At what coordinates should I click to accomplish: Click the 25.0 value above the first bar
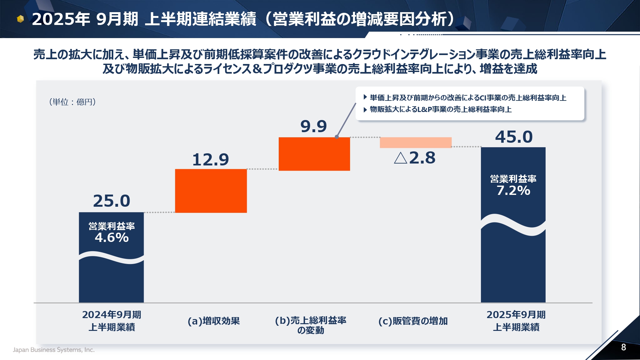pyautogui.click(x=111, y=201)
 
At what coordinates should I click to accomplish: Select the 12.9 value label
pyautogui.click(x=211, y=160)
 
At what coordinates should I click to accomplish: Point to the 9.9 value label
pyautogui.click(x=314, y=126)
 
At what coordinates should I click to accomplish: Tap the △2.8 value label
pyautogui.click(x=415, y=158)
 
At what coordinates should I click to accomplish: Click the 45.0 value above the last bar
pyautogui.click(x=514, y=137)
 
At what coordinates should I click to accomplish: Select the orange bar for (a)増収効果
pyautogui.click(x=211, y=191)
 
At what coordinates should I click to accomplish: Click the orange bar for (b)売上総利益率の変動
pyautogui.click(x=314, y=154)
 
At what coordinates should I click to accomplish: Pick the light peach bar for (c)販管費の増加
pyautogui.click(x=415, y=142)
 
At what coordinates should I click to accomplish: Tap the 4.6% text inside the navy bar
pyautogui.click(x=112, y=238)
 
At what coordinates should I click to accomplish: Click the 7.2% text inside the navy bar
pyautogui.click(x=513, y=191)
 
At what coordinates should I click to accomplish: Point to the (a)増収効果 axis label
pyautogui.click(x=214, y=321)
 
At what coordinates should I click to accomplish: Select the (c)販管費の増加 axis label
pyautogui.click(x=413, y=321)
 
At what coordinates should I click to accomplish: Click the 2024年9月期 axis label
pyautogui.click(x=112, y=315)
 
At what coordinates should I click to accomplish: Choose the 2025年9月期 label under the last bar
pyautogui.click(x=516, y=315)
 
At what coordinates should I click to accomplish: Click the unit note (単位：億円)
pyautogui.click(x=73, y=102)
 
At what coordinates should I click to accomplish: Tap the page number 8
pyautogui.click(x=623, y=347)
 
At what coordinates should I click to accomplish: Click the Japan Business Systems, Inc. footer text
pyautogui.click(x=54, y=350)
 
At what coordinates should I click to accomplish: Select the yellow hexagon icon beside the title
pyautogui.click(x=20, y=19)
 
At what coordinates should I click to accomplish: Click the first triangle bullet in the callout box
pyautogui.click(x=365, y=97)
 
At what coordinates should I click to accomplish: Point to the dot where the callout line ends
pyautogui.click(x=337, y=137)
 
